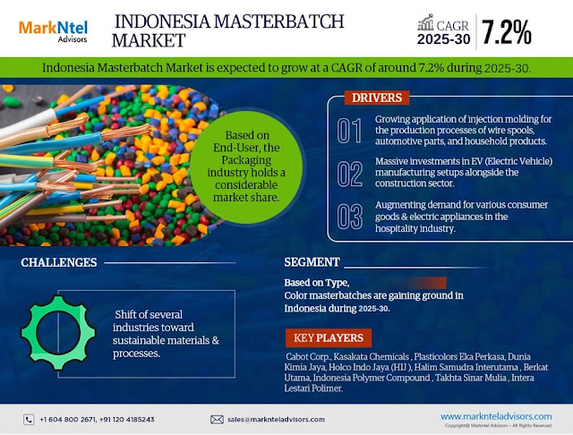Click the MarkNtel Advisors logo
pos(54,31)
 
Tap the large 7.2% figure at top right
pos(507,32)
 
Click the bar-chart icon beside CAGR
pos(425,22)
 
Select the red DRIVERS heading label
pos(377,98)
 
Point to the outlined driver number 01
pos(350,131)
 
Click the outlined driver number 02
pos(350,174)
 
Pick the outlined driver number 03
pos(350,217)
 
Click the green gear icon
pos(58,333)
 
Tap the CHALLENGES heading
pos(59,262)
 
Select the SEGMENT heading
pos(312,262)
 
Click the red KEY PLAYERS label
pos(329,337)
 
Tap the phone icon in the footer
pos(29,420)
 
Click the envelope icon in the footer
pos(217,420)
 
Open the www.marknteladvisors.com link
pos(496,417)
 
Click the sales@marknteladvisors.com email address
pos(276,420)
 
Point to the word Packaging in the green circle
pos(246,160)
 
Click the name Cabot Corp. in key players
pos(308,356)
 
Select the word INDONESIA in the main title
pos(163,21)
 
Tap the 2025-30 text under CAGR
pos(444,39)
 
